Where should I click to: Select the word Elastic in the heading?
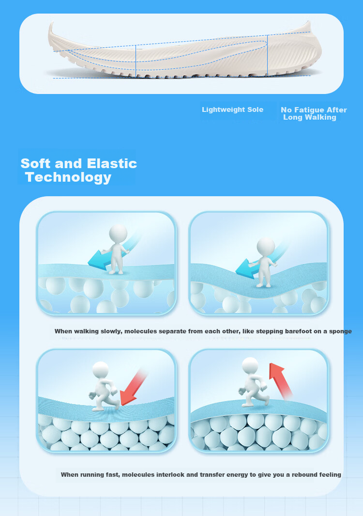(x=112, y=164)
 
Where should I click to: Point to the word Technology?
(x=68, y=178)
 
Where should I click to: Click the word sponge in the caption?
(x=340, y=331)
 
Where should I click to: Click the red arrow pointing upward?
(x=280, y=381)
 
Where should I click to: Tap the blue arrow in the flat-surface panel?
(x=112, y=253)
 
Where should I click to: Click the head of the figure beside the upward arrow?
(x=250, y=365)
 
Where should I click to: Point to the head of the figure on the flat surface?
(x=118, y=233)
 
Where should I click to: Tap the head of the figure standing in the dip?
(x=266, y=246)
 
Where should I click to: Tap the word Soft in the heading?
(x=35, y=164)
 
